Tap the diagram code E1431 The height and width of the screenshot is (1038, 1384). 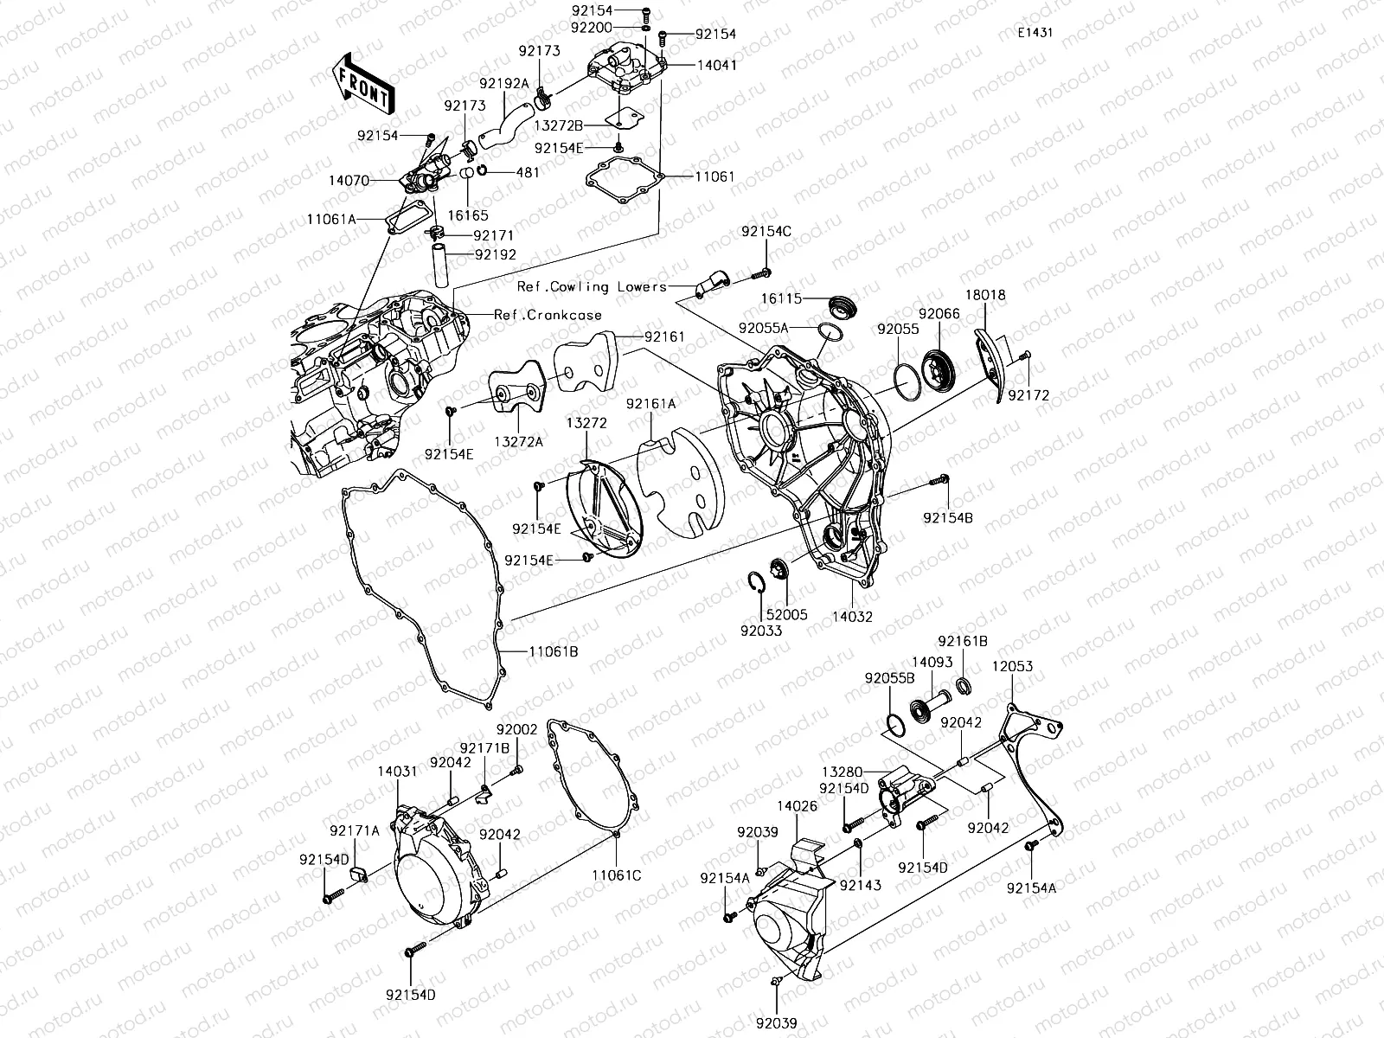(1035, 33)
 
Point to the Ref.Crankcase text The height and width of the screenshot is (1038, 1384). (548, 315)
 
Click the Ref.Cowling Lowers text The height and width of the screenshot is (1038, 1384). (593, 286)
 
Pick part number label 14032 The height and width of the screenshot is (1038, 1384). (852, 617)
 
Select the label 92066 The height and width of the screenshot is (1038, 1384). (939, 315)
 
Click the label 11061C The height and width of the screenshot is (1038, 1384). (617, 875)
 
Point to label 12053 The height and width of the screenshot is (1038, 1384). (1012, 667)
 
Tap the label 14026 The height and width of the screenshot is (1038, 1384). (797, 805)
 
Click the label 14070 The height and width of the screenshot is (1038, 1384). (349, 182)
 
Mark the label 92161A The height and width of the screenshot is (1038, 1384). (651, 403)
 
